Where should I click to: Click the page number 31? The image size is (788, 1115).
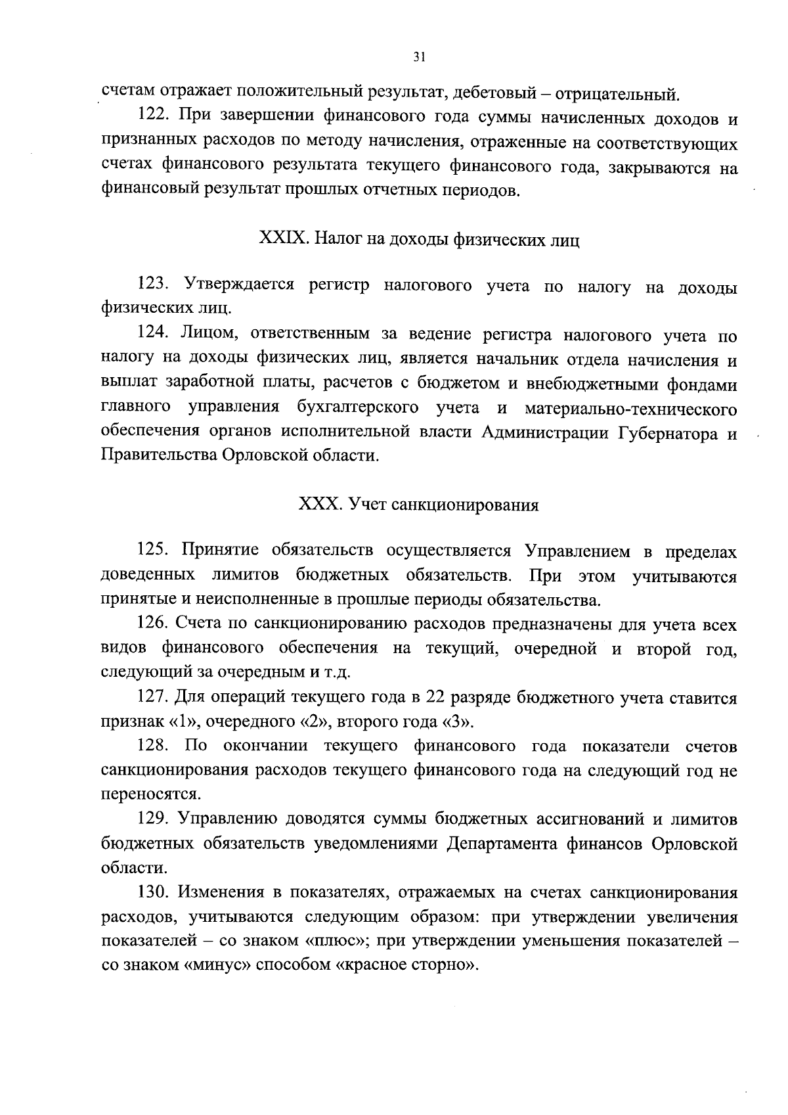(x=420, y=57)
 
